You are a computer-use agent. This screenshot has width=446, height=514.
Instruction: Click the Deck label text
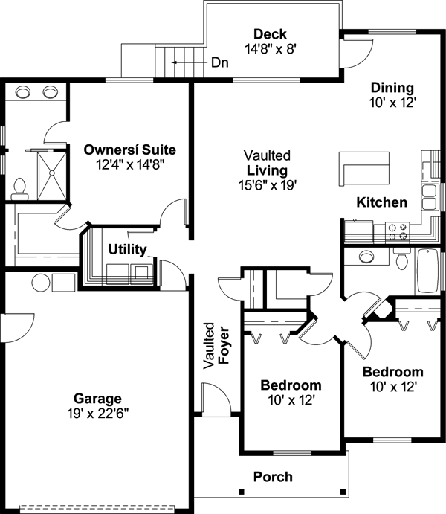(270, 34)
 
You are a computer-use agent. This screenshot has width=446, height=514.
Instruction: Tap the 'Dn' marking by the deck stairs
(219, 62)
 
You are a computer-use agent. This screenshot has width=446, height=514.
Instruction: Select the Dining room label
(392, 88)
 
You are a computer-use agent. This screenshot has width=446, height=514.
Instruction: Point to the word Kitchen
(381, 202)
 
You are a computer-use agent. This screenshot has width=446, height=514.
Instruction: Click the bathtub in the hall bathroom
(428, 272)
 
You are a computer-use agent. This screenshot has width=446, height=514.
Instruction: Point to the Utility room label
(127, 249)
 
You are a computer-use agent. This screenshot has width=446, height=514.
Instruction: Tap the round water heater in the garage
(41, 282)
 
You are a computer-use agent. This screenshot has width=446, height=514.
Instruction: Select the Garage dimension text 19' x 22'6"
(97, 413)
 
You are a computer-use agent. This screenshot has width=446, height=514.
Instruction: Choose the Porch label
(273, 476)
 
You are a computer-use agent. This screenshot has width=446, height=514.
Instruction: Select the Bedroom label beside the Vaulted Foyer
(291, 385)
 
